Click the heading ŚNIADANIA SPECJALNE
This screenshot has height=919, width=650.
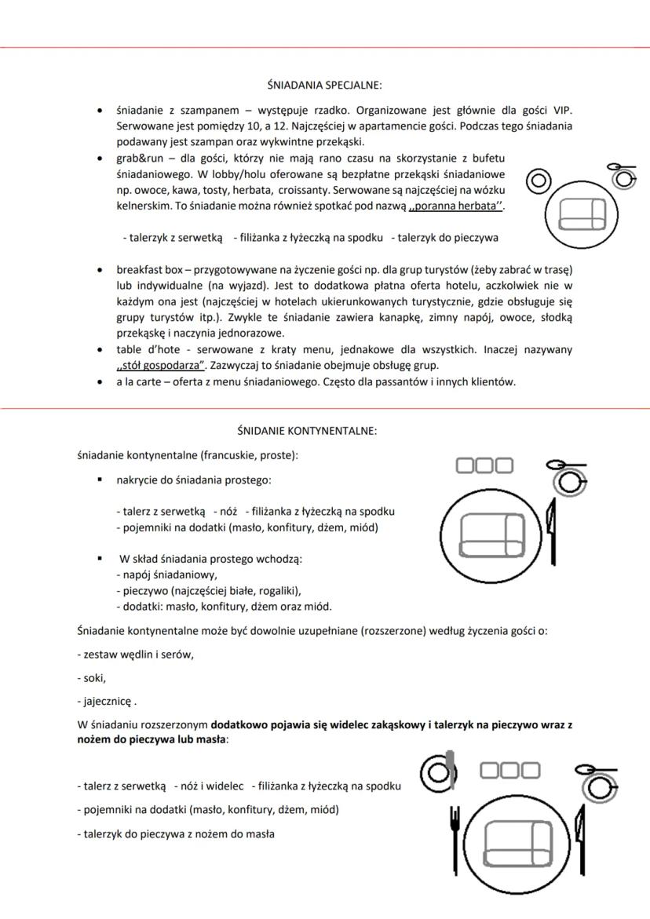[x=324, y=85]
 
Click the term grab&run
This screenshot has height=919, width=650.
[x=138, y=158]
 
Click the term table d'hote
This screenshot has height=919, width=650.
[x=145, y=348]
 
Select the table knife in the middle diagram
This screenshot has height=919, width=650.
[x=552, y=532]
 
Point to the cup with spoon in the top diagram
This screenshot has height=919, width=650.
[x=623, y=176]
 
